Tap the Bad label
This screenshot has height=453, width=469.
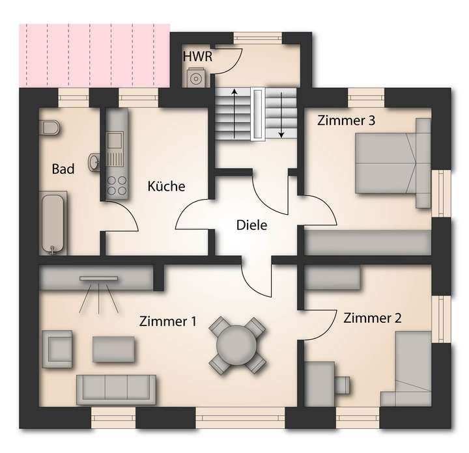click(x=63, y=169)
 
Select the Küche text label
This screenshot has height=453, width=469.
click(x=166, y=186)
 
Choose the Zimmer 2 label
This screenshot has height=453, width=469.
click(x=372, y=318)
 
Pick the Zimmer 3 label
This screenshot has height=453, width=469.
click(x=346, y=120)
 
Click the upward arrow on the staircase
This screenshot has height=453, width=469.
click(x=234, y=113)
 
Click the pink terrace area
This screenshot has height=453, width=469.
click(x=94, y=56)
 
